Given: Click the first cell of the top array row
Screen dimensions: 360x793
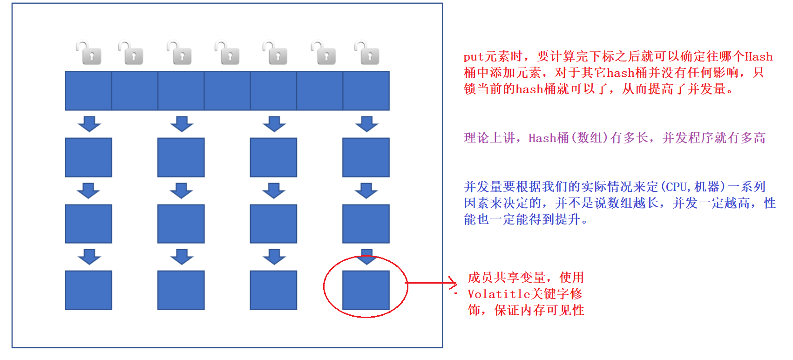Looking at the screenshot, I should coord(88,91).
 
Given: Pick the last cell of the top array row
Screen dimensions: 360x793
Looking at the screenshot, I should coord(366,91).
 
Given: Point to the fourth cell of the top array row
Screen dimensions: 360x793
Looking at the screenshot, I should coord(227,91).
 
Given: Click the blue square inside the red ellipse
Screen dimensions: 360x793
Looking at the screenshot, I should coord(366,290).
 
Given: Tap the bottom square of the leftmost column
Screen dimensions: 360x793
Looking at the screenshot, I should coord(88,290).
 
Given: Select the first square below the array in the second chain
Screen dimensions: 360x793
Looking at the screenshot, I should coord(181,157).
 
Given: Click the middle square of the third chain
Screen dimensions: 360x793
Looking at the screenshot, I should coord(273,224).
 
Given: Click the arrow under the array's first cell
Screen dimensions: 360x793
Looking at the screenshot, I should coord(89,124).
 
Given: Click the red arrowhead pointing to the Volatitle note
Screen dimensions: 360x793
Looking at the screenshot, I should coord(453,282).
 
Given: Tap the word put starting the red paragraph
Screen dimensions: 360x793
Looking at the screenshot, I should coord(474,57).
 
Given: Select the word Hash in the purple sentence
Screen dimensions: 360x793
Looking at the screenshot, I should coord(542,138).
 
